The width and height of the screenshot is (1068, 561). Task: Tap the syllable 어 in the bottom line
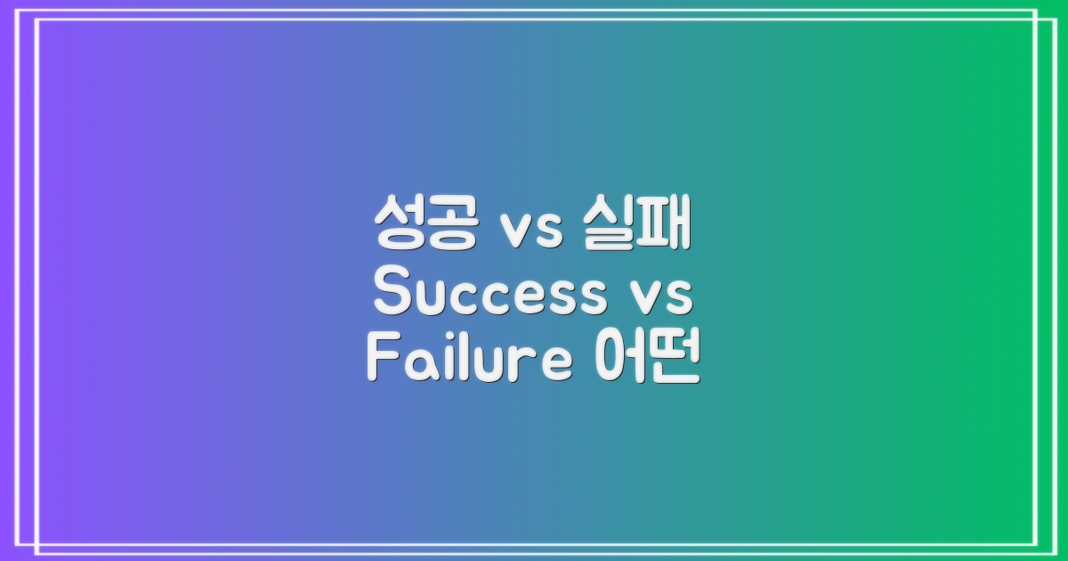[x=618, y=358]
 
